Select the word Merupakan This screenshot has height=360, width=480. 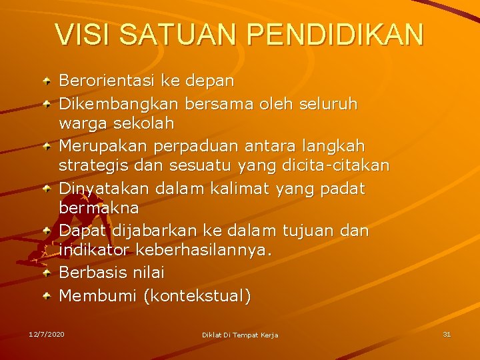click(100, 145)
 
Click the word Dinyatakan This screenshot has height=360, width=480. click(105, 189)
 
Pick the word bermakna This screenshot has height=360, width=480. click(99, 209)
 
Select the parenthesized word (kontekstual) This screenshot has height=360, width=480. click(197, 295)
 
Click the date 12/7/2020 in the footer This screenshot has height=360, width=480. click(47, 333)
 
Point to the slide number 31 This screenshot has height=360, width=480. click(447, 333)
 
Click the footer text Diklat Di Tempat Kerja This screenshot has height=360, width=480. click(240, 334)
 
